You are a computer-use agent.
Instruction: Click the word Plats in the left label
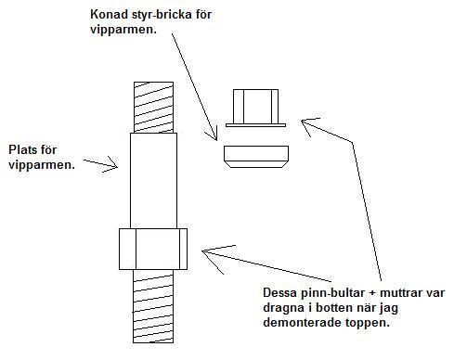23,149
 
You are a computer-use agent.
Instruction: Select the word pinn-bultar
334,293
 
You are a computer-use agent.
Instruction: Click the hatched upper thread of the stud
153,108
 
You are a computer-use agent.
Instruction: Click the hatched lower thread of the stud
153,306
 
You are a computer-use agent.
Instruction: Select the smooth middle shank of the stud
153,181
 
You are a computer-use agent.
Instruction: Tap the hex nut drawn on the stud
153,249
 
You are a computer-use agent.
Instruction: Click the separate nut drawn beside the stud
255,107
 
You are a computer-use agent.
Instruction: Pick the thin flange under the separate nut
255,125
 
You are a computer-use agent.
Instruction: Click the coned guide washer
256,157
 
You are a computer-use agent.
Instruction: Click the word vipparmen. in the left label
42,165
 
